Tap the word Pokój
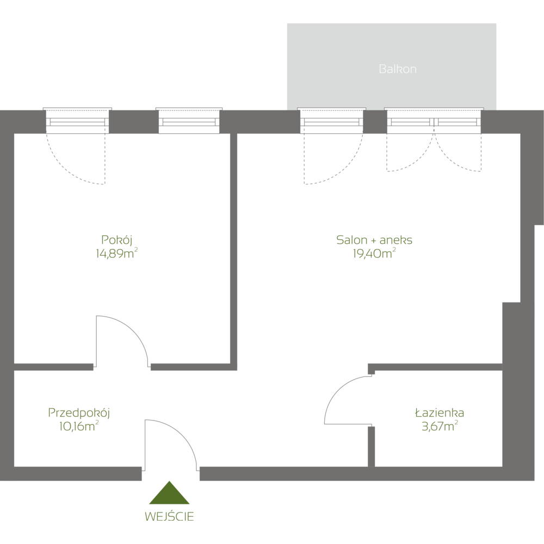117,239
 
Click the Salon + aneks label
374,240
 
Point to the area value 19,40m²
374,253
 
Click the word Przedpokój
79,413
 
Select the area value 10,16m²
79,426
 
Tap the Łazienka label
439,413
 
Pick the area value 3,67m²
439,426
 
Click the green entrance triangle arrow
170,493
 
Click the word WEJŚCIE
170,516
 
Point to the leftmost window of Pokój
77,121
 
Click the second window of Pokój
190,121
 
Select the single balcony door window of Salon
331,121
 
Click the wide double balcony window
434,121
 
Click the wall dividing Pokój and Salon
233,250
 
